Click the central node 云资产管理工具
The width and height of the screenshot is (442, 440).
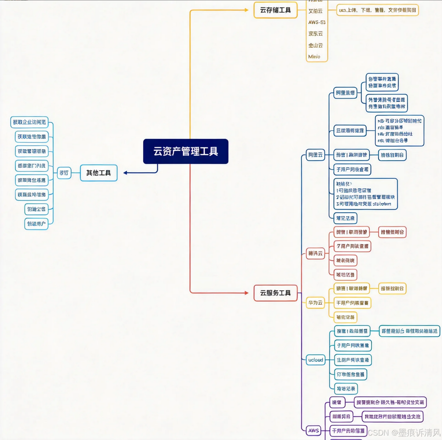[185, 151]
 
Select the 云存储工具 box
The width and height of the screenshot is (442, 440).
[275, 10]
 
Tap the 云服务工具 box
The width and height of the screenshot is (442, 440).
[275, 293]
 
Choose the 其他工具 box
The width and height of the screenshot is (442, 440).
[98, 173]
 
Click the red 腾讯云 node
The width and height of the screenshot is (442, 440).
[315, 253]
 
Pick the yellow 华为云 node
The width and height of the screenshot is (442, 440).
[315, 303]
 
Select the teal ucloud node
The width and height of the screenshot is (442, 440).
[315, 360]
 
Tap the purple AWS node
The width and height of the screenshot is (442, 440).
[314, 430]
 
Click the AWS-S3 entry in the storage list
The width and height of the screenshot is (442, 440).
[317, 22]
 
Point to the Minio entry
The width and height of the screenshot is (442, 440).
[314, 57]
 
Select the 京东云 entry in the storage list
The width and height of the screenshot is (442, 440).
[316, 33]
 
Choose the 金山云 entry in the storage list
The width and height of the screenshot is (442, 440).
[316, 45]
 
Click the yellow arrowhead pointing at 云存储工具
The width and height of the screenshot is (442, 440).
[246, 10]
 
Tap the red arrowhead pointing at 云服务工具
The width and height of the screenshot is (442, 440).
[246, 293]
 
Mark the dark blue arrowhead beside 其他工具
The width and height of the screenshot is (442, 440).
[125, 173]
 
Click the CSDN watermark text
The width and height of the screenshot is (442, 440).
[404, 432]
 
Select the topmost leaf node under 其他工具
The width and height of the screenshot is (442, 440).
[29, 122]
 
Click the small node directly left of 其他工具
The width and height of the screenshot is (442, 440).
[64, 173]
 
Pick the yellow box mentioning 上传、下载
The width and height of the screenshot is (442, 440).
[377, 10]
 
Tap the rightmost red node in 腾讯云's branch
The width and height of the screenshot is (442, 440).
[392, 232]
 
